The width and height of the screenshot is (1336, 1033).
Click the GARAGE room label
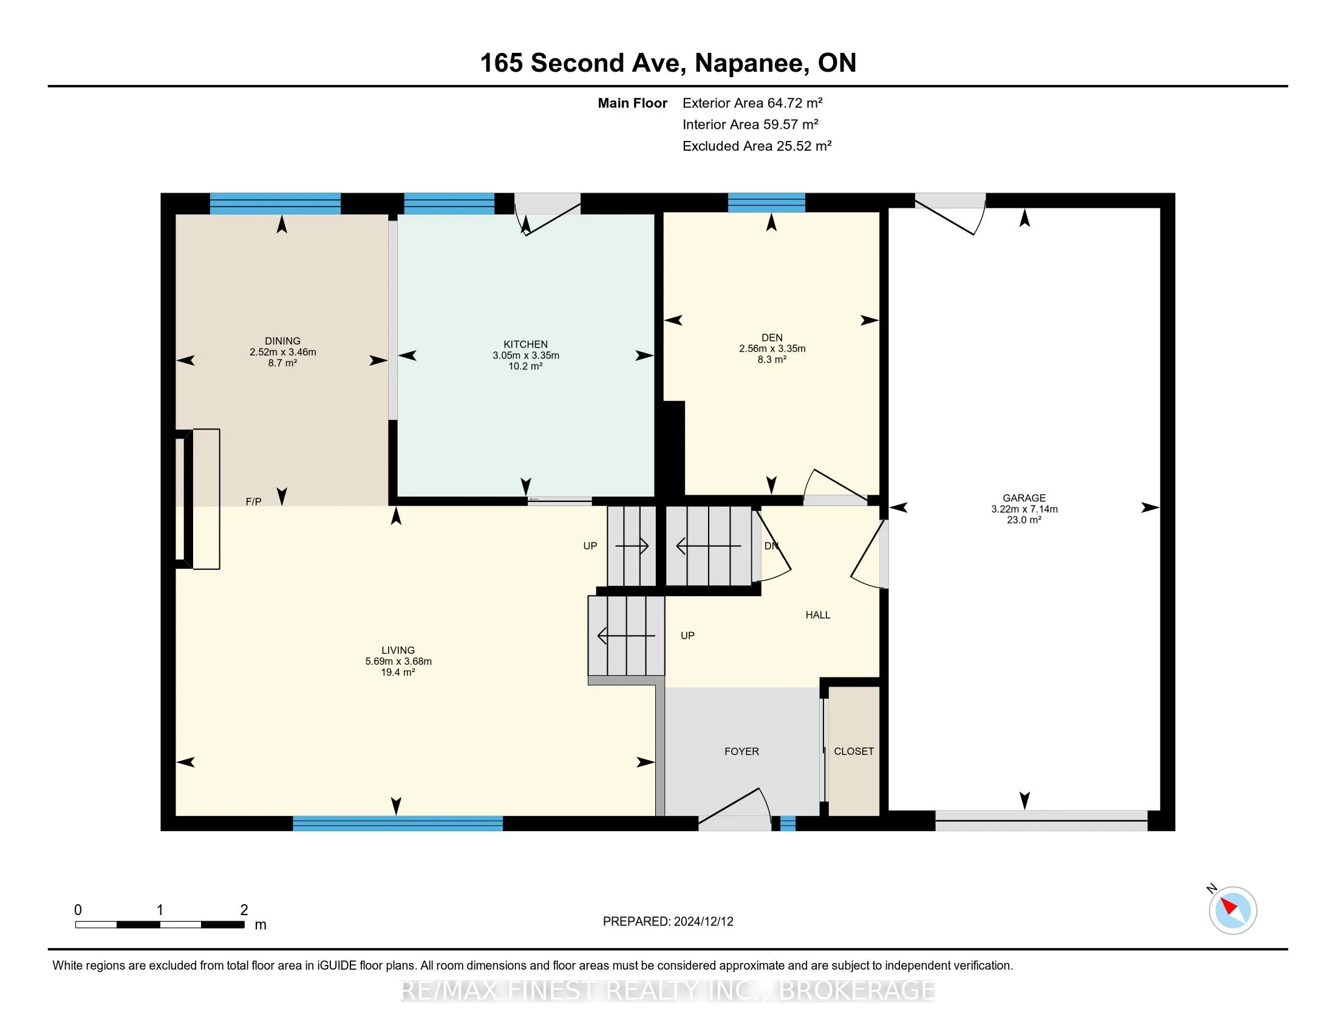(x=1024, y=498)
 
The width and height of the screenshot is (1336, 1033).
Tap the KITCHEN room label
(x=525, y=345)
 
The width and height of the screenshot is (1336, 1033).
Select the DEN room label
(x=772, y=338)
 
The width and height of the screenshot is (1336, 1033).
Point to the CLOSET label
(x=854, y=752)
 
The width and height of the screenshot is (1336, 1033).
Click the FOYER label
(x=741, y=752)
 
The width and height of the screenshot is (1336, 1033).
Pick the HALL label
(x=818, y=615)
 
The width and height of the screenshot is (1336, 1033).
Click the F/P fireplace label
(x=253, y=502)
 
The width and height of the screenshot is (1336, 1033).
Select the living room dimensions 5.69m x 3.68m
(x=398, y=662)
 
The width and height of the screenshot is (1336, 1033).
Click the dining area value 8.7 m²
(x=282, y=363)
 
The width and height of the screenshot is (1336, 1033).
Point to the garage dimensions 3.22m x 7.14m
(x=1024, y=509)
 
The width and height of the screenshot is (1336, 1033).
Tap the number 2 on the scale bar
(x=244, y=910)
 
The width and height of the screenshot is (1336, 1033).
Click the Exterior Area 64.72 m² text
(x=752, y=103)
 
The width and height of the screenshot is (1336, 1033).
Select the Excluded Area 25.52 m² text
(x=757, y=146)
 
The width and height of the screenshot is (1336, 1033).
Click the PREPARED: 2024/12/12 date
(x=668, y=922)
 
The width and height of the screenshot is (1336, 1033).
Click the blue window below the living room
(x=398, y=823)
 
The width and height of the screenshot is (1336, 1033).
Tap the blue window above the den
(x=766, y=202)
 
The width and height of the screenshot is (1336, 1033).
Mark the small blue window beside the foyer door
(x=788, y=823)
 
